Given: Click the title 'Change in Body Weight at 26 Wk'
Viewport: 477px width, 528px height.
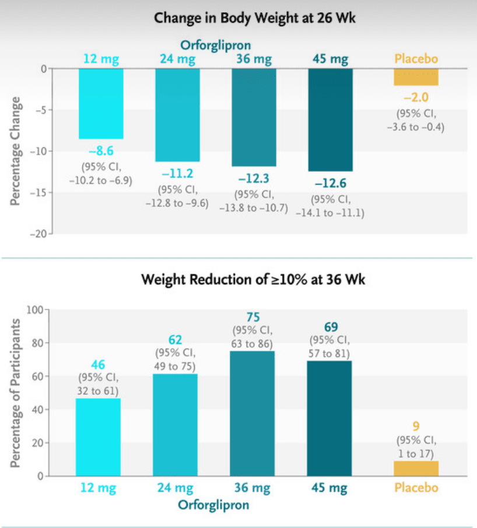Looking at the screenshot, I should (255, 18).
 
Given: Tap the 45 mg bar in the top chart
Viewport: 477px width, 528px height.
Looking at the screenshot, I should (331, 119).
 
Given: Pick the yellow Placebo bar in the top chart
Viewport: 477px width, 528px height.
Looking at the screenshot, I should (416, 77).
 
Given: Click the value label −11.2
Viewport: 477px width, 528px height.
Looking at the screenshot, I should (177, 173).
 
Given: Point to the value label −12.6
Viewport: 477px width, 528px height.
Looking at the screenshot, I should (331, 183).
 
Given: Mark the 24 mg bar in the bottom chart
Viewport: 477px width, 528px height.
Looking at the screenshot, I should (176, 425).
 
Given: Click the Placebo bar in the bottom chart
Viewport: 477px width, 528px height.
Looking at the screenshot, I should (416, 468).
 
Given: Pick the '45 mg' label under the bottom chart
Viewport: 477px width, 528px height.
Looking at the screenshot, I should (330, 488).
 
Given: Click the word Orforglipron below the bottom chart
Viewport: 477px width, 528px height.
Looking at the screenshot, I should (215, 505).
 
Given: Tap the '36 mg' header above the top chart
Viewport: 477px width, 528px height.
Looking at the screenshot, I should (254, 58).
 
